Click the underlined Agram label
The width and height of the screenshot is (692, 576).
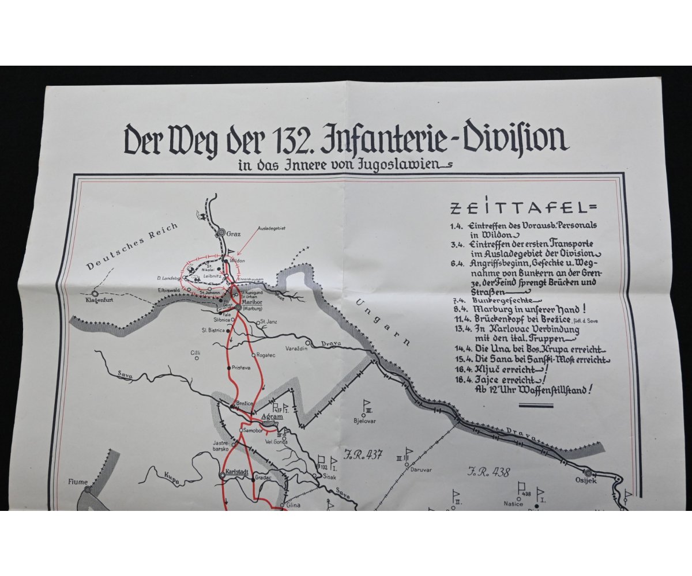272,416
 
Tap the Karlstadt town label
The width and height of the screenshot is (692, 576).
237,471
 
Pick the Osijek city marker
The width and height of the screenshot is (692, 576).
588,473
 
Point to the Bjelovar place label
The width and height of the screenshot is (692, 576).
364,420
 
